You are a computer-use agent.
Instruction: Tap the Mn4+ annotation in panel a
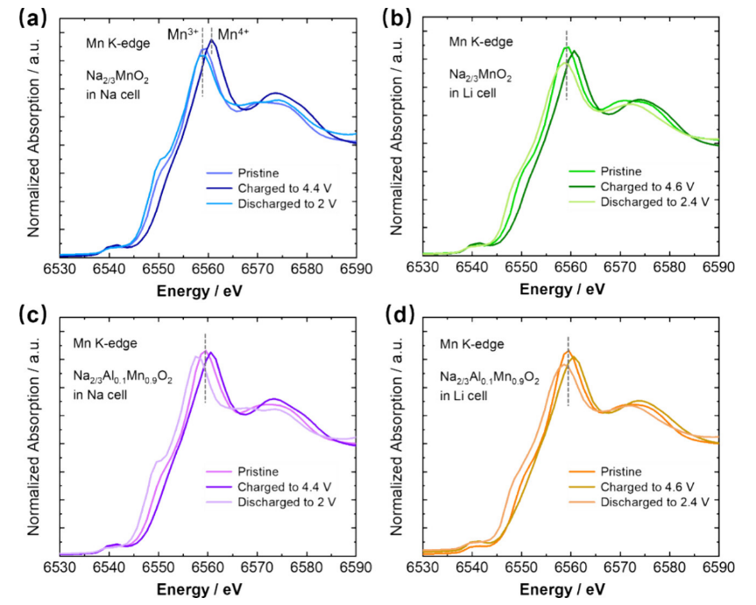coord(233,34)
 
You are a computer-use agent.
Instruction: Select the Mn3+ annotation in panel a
coord(184,34)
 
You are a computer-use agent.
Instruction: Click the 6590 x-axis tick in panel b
coord(719,266)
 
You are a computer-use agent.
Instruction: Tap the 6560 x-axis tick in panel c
coord(208,567)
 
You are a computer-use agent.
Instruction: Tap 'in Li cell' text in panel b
coord(473,92)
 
